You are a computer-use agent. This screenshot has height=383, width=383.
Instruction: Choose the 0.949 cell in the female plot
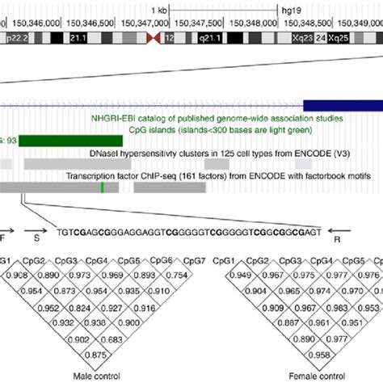(239, 276)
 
